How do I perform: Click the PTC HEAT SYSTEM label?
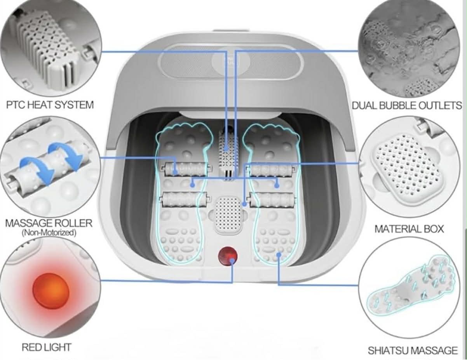coord(50,105)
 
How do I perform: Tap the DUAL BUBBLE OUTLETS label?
coord(407,105)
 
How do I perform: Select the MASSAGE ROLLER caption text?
coord(49,223)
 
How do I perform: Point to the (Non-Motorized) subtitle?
coord(49,233)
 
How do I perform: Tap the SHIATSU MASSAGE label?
coord(413,350)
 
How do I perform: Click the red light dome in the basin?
coord(228,256)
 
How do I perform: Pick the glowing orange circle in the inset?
coord(51,292)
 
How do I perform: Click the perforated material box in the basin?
coord(228,215)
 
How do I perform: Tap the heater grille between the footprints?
coord(227,154)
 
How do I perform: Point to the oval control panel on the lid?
coord(231,61)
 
